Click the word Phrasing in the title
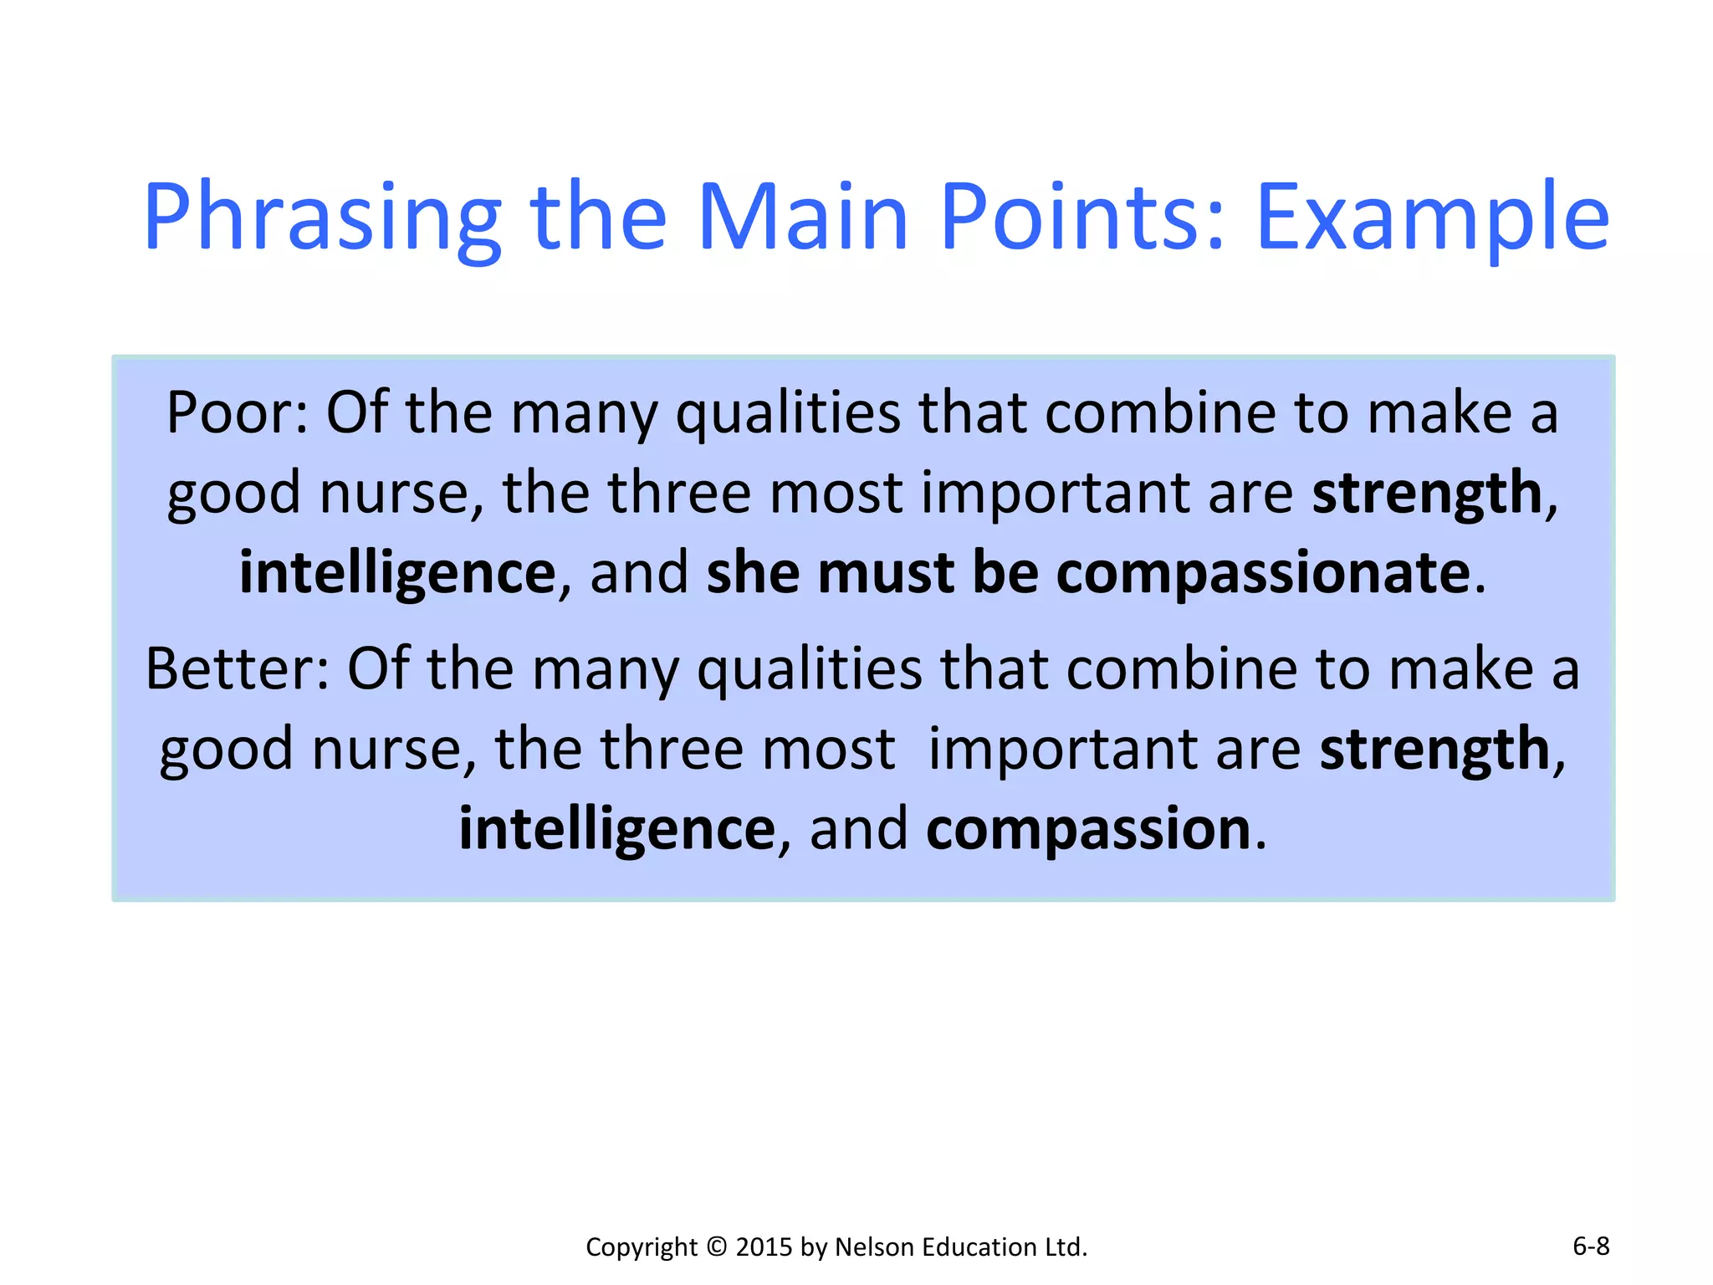(x=322, y=219)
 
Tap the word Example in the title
(x=1432, y=219)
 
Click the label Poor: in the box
(x=238, y=413)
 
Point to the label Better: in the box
(x=238, y=669)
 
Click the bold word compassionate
(x=1263, y=574)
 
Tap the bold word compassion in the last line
(x=1088, y=830)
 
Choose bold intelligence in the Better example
(x=617, y=830)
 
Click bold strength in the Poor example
(x=1427, y=494)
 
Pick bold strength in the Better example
(x=1434, y=750)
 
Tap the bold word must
(x=887, y=574)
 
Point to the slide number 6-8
(x=1591, y=1247)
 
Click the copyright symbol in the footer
(x=717, y=1247)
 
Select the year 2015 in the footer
(x=764, y=1247)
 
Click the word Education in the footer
(x=979, y=1247)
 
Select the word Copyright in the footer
(x=641, y=1247)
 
